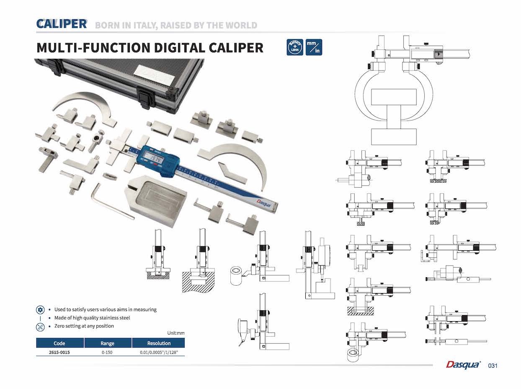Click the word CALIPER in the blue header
[62, 24]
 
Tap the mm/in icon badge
[314, 47]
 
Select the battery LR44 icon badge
[295, 47]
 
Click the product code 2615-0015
[59, 352]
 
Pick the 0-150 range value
[107, 352]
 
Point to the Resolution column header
[159, 343]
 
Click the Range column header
[108, 343]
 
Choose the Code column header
[59, 343]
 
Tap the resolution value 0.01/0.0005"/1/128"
[159, 352]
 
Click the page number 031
[493, 366]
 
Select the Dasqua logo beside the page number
[463, 365]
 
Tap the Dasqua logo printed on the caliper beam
[264, 203]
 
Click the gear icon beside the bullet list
[40, 309]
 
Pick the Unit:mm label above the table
[176, 333]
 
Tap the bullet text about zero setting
[84, 326]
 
